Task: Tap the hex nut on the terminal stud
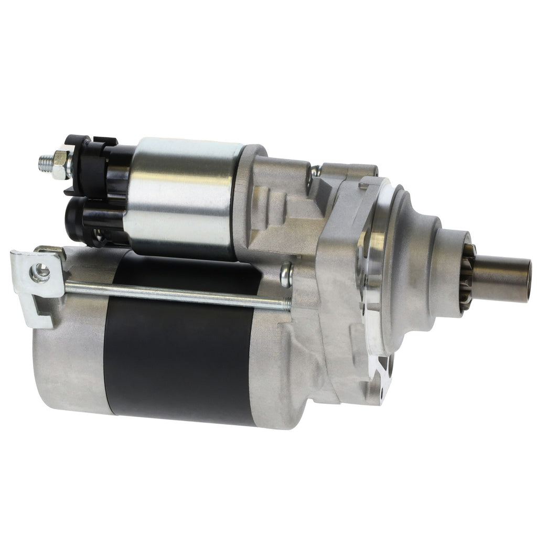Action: (62, 158)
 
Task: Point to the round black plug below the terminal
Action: (79, 218)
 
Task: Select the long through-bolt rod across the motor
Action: (173, 294)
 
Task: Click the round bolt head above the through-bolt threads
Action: (286, 274)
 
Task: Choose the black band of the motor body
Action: (178, 357)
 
